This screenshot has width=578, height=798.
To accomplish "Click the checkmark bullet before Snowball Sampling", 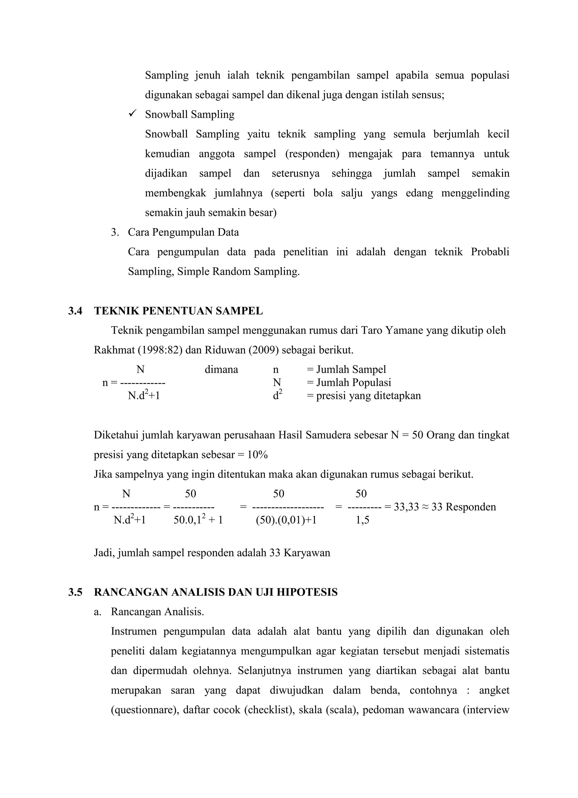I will (132, 114).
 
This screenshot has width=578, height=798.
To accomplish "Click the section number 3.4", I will (75, 311).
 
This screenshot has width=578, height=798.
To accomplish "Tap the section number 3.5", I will (75, 593).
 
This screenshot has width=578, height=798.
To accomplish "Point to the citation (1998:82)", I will (160, 350).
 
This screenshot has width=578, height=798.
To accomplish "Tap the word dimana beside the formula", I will (221, 370).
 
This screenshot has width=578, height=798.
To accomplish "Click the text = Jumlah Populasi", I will (349, 383).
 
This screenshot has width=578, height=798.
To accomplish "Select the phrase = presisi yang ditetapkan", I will (364, 396).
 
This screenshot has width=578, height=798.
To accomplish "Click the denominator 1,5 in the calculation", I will (362, 520).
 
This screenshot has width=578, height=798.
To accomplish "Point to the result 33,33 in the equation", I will (406, 507).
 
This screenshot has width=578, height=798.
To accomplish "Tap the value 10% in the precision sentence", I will (257, 455).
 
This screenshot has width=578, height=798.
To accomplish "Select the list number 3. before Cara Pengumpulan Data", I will (115, 233).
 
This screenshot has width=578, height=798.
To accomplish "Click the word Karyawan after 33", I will (307, 553).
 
